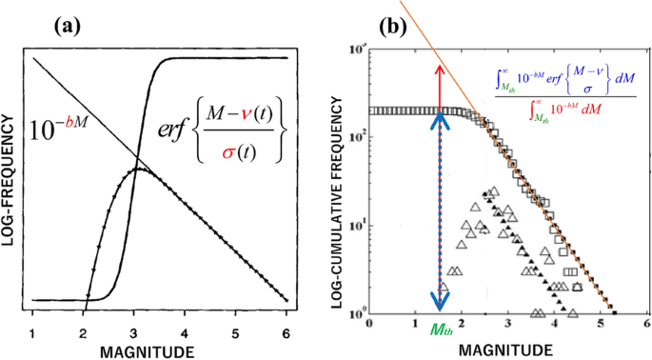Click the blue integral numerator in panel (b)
coord(566,77)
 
